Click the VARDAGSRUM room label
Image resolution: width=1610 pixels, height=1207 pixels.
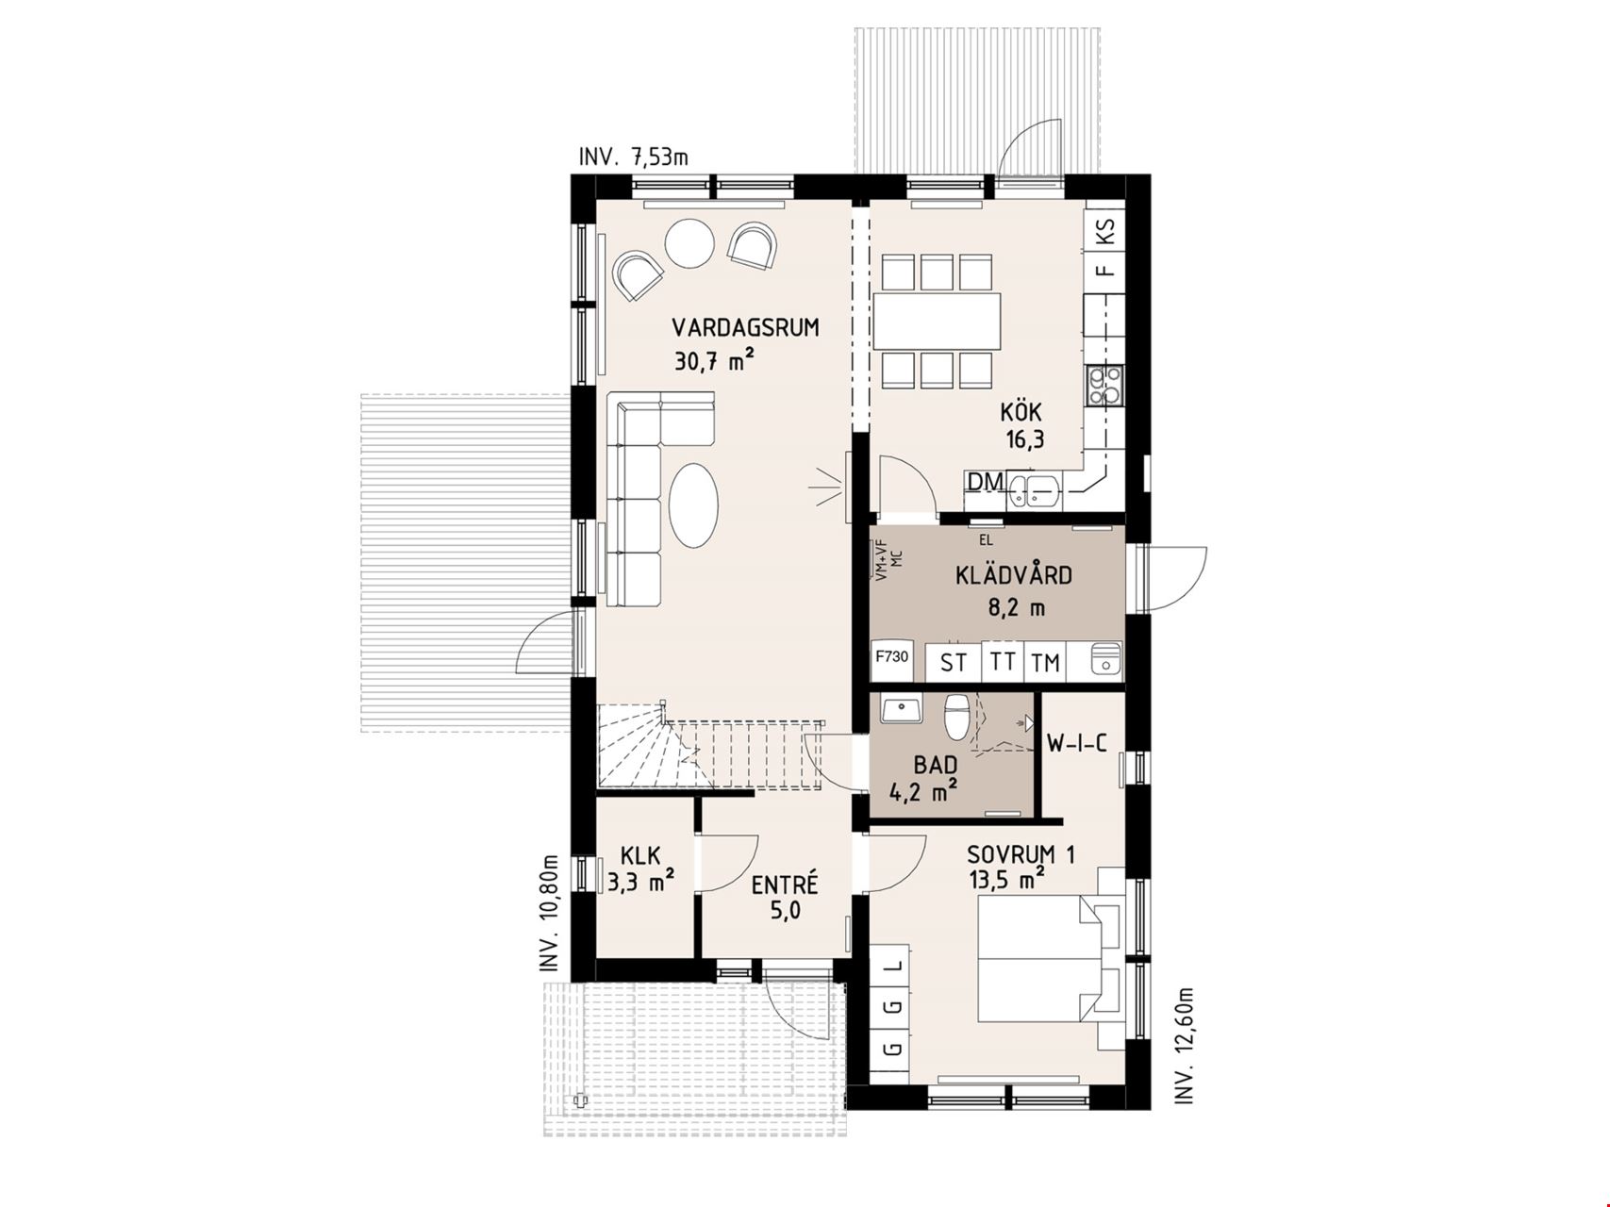[745, 328]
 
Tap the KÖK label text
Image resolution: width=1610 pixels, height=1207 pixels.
[1021, 412]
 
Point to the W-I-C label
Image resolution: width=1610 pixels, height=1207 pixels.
[1076, 744]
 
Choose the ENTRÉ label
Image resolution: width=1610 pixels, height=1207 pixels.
[785, 885]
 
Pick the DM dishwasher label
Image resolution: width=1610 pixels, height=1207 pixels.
[986, 482]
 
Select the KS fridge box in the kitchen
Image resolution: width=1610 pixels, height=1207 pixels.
[1106, 230]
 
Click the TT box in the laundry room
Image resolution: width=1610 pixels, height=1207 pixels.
[1002, 660]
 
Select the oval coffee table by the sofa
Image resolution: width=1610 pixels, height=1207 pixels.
[694, 503]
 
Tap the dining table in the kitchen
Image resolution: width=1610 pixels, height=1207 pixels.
[937, 321]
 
